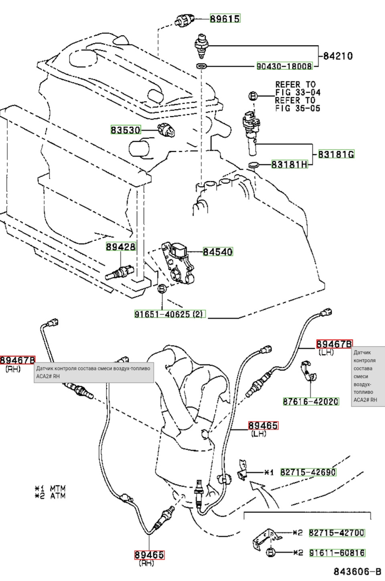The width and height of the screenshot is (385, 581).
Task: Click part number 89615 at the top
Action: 225,18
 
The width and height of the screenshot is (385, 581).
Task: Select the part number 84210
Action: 338,56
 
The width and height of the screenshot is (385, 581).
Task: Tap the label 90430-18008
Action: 284,66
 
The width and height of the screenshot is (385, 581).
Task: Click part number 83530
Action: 126,130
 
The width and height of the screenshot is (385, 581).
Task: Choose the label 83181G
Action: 336,154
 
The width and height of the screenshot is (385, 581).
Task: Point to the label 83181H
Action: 290,164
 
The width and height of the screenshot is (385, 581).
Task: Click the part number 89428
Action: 121,246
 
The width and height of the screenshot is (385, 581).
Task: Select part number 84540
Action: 217,252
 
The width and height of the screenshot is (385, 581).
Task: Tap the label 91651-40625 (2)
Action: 170,314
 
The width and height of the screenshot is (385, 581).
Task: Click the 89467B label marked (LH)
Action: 334,344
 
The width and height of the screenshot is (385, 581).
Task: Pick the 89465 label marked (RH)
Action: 149,555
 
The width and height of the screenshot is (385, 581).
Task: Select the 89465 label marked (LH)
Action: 263,426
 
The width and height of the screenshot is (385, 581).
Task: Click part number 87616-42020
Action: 311,401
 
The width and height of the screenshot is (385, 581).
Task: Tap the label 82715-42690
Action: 308,472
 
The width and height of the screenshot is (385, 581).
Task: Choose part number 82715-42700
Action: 336,533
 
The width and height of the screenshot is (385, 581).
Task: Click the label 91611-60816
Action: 337,553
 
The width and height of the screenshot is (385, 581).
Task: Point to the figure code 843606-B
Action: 357,571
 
